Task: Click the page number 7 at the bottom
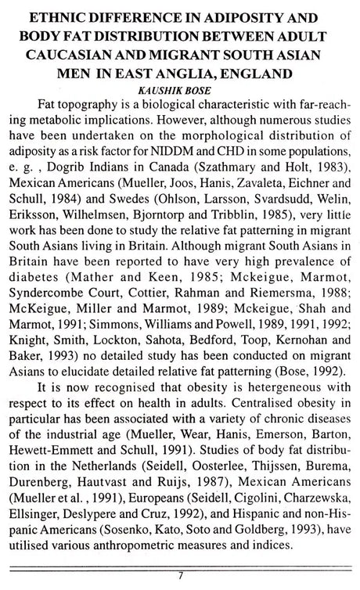pos(180,585)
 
